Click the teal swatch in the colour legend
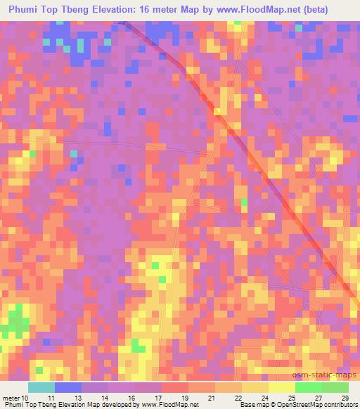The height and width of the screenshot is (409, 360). click(x=41, y=387)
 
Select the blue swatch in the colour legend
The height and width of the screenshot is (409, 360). click(x=68, y=387)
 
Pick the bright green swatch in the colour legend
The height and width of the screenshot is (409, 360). click(x=308, y=387)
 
